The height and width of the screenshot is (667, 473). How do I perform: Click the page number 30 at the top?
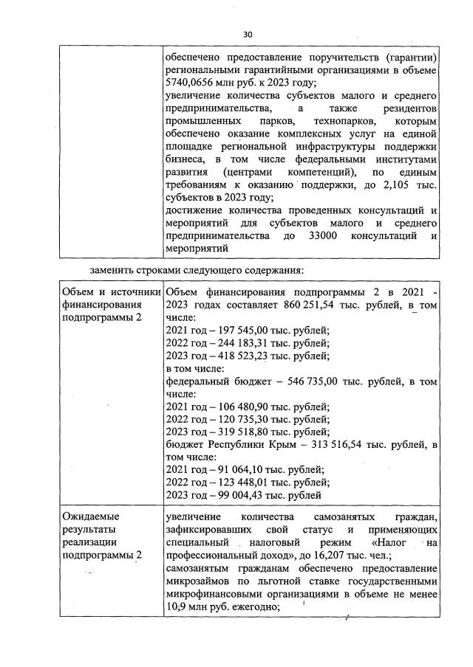[x=248, y=34]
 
